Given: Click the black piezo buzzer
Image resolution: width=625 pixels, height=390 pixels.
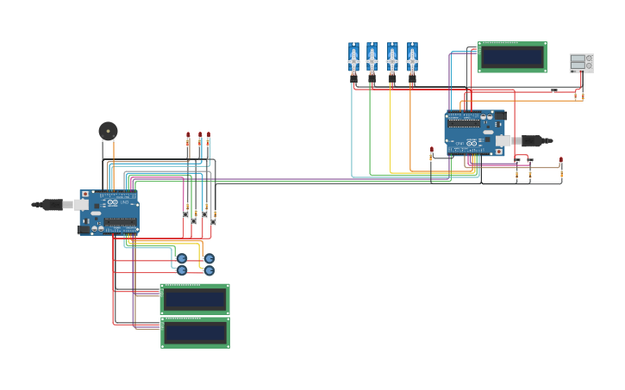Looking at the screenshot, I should pos(108,131).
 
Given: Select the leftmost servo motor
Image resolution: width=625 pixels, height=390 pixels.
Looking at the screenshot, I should pos(353,59).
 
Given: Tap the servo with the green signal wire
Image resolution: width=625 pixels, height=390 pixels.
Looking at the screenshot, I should pos(372,59).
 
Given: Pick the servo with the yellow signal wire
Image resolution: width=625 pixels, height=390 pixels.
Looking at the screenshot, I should pos(392,59).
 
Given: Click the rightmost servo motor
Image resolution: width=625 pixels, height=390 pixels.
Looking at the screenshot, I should pos(412,59).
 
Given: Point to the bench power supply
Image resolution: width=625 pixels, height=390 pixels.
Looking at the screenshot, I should pos(581,63).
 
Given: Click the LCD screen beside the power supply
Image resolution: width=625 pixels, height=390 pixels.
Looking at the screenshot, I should pos(512,57).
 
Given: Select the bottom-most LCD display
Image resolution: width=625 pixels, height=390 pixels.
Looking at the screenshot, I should pos(195,332).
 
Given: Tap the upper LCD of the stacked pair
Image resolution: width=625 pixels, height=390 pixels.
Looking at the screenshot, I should pos(195,299).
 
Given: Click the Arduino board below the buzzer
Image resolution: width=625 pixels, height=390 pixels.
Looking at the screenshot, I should pos(109,212).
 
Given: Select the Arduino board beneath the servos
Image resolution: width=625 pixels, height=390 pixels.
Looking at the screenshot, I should pos(474,132).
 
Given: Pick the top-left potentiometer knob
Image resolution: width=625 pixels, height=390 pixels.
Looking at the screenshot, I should pos(182,258).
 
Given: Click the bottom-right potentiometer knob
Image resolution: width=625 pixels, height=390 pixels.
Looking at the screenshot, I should pos(209,270).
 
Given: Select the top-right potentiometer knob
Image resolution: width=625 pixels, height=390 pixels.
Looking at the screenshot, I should pos(209,258).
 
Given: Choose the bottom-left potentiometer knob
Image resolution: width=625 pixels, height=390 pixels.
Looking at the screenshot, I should pos(182,270).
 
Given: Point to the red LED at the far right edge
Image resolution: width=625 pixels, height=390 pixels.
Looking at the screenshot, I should pos(561,160).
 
